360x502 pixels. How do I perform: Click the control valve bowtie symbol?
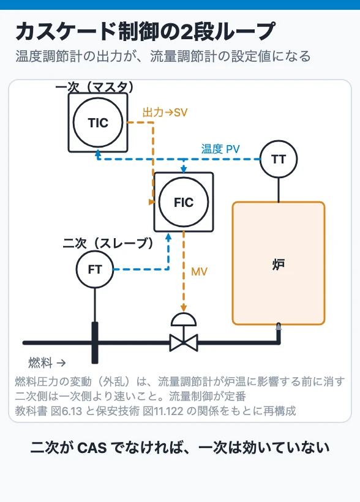click(184, 343)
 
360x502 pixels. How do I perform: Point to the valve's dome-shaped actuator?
click(184, 320)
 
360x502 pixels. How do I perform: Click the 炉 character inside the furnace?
click(279, 264)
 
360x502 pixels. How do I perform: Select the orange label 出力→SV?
click(165, 113)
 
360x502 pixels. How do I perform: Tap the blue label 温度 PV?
click(220, 149)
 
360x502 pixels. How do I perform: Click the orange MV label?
click(199, 272)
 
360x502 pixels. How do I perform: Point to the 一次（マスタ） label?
click(94, 87)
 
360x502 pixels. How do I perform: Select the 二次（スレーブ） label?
click(108, 243)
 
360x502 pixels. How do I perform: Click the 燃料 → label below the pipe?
click(47, 363)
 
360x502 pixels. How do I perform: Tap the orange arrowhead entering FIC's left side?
click(152, 202)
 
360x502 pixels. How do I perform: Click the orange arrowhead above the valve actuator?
click(184, 309)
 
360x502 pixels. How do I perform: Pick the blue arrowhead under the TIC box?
click(98, 154)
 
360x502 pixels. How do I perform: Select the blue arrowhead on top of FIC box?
click(184, 170)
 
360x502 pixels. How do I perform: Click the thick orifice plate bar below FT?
click(95, 343)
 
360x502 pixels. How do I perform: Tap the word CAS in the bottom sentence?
click(92, 448)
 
